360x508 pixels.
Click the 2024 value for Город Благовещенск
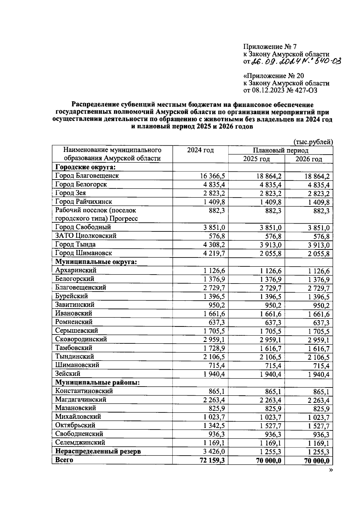[x=212, y=176]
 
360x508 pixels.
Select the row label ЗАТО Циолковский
[x=85, y=236]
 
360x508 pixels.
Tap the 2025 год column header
[x=256, y=159]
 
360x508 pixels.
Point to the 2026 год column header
[x=308, y=159]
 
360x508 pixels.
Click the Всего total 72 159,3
[x=212, y=460]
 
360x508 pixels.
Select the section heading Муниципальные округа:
[x=96, y=262]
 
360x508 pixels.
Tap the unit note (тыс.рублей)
[x=313, y=142]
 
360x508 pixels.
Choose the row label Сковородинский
[x=81, y=339]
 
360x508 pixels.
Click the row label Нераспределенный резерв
[x=98, y=451]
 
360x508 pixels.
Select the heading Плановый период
[x=280, y=150]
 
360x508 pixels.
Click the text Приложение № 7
[x=269, y=47]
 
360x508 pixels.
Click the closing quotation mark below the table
[x=331, y=470]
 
